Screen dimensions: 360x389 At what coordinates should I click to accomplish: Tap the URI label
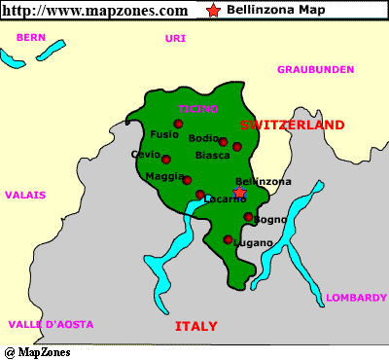[x=175, y=38]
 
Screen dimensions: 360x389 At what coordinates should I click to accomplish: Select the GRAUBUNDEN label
[x=315, y=70]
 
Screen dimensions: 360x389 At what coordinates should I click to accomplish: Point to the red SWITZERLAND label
[x=292, y=126]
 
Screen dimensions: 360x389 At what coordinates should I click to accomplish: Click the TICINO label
[x=197, y=108]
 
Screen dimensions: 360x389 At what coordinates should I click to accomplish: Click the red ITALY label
[x=195, y=326]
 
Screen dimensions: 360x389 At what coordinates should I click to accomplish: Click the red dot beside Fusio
[x=178, y=124]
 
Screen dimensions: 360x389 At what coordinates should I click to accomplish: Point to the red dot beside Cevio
[x=166, y=160]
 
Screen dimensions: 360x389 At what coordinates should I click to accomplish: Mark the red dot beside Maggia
[x=187, y=180]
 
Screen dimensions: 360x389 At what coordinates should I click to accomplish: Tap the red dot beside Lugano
[x=229, y=239]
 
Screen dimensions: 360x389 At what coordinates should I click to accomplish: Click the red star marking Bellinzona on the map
[x=240, y=193]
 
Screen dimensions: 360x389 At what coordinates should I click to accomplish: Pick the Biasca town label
[x=212, y=156]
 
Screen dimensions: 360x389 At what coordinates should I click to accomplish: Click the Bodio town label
[x=203, y=138]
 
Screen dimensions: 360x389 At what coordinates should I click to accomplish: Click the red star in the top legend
[x=213, y=10]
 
